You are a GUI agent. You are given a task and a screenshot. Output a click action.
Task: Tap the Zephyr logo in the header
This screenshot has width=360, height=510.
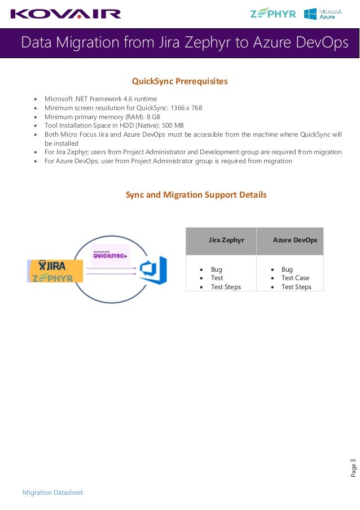point(273,14)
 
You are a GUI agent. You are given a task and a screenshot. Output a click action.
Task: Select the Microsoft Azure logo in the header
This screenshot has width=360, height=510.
point(323,14)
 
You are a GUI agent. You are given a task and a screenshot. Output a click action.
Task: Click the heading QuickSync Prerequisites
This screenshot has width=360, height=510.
point(179,81)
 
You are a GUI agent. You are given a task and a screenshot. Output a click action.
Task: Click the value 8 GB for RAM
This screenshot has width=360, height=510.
point(153,116)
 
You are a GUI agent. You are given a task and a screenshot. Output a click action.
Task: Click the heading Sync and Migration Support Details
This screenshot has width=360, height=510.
point(196,195)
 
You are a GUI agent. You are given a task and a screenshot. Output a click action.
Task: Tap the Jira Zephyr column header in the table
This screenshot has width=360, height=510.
point(226,240)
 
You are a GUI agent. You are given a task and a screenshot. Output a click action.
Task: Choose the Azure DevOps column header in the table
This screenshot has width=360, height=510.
point(295,240)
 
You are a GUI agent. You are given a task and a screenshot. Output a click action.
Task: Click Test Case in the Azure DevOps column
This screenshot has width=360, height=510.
point(295,278)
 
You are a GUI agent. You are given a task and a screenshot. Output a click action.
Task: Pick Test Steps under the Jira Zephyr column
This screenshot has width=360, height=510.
point(226,287)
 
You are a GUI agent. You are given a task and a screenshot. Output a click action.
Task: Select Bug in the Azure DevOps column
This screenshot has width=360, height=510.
point(287,269)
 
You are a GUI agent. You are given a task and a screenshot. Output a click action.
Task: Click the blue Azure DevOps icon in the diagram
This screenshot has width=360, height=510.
point(153,271)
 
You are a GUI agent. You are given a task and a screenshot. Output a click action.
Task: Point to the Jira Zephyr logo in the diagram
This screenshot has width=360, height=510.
point(55,271)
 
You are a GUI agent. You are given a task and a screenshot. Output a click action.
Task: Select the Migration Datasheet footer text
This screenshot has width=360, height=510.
point(52,492)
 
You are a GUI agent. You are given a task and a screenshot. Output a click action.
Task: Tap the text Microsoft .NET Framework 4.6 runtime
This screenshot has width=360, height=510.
point(100,99)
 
